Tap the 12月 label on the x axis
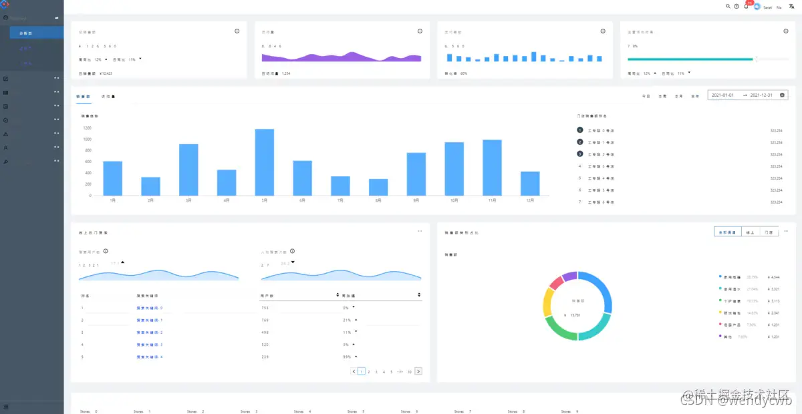(530, 200)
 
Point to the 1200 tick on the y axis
(87, 128)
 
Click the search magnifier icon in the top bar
(728, 6)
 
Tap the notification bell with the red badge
(746, 6)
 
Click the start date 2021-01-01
(722, 95)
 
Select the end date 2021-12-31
(761, 95)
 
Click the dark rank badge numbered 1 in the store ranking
(579, 131)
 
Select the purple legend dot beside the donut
(720, 337)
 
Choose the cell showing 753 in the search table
(265, 308)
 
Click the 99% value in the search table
(347, 357)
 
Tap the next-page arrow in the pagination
(418, 371)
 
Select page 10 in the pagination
(409, 371)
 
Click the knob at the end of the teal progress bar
(755, 59)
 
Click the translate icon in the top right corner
(791, 6)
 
